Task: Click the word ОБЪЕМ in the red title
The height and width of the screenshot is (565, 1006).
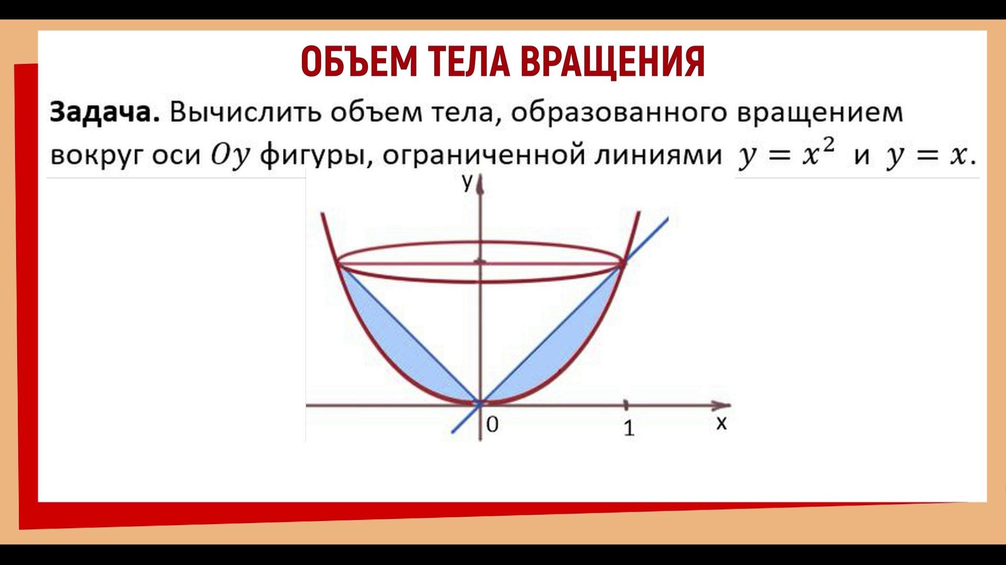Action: [x=359, y=62]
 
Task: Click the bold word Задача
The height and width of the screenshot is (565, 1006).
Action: [x=104, y=112]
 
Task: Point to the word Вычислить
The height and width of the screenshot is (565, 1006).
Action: [x=245, y=112]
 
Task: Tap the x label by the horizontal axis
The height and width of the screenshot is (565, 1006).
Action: [x=721, y=422]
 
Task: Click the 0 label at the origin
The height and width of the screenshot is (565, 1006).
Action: [x=492, y=425]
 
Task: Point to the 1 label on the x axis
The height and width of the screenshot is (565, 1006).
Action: [x=629, y=429]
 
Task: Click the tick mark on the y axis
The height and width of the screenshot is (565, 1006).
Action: [x=480, y=262]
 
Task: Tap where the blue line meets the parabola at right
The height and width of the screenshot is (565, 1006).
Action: [x=622, y=263]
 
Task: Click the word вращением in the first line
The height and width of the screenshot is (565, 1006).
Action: [x=819, y=112]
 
